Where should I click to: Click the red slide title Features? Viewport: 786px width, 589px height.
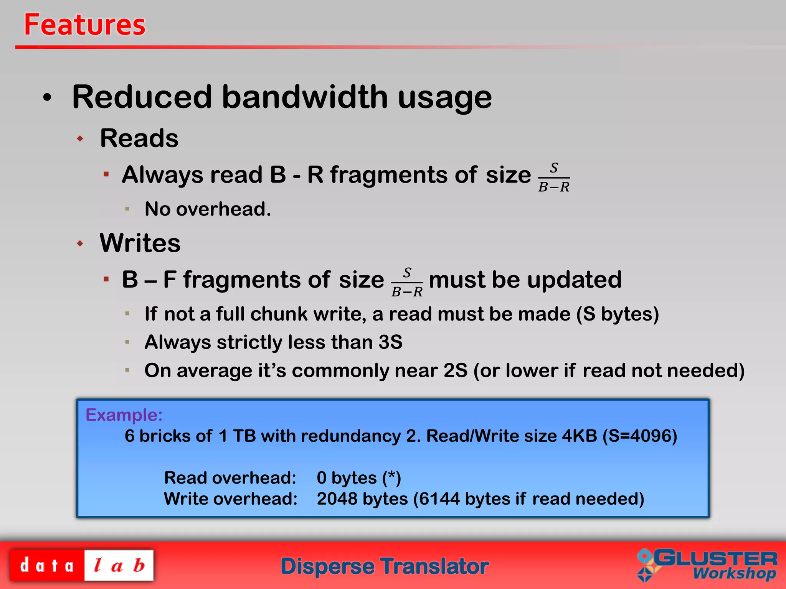point(84,25)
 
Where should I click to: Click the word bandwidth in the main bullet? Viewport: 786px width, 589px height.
point(305,97)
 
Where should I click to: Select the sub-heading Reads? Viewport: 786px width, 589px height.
point(139,138)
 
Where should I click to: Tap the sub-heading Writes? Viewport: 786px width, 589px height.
point(140,243)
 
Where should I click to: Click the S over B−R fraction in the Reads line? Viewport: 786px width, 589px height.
point(554,178)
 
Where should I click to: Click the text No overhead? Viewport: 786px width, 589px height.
point(208,209)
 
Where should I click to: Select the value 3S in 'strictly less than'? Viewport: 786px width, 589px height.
point(390,342)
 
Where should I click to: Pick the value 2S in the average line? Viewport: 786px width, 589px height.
point(456,371)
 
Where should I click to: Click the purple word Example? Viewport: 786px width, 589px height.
point(124,415)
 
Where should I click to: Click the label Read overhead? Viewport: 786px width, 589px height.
point(230,478)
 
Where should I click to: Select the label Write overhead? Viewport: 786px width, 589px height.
point(231,499)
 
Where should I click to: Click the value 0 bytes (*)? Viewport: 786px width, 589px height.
point(359,478)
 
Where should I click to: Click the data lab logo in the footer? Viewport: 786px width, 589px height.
point(81,566)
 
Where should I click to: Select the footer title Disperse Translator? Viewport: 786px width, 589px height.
point(385,566)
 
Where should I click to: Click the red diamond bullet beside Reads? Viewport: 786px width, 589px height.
point(80,138)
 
